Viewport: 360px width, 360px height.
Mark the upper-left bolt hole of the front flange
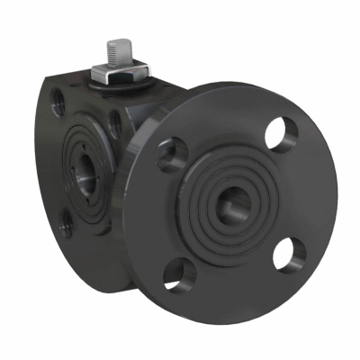171,157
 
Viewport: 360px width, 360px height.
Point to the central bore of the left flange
85,168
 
